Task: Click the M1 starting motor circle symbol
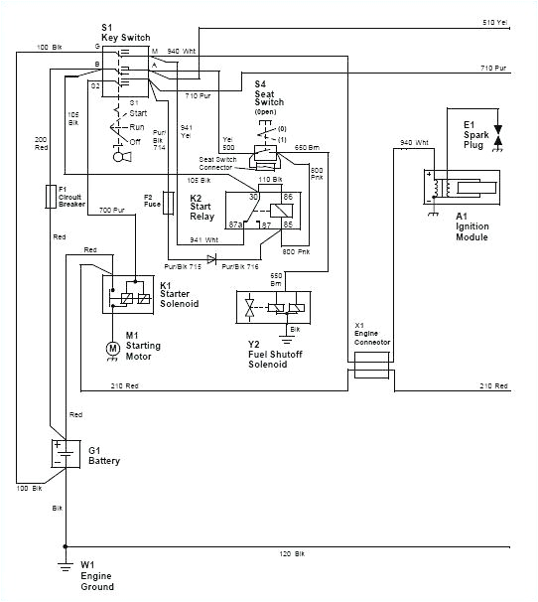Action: tap(112, 348)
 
